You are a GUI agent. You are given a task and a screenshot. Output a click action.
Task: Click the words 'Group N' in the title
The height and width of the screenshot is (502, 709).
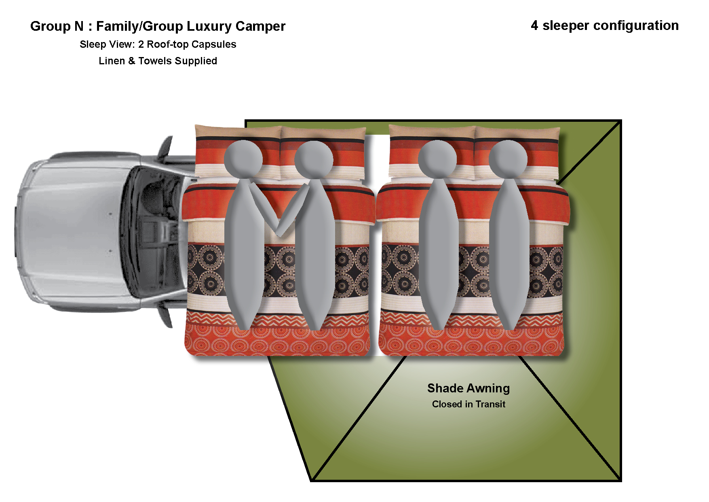(57, 26)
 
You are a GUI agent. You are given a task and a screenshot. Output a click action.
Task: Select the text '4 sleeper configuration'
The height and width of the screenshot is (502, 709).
(604, 25)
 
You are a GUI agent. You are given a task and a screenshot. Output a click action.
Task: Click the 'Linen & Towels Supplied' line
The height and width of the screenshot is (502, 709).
(158, 61)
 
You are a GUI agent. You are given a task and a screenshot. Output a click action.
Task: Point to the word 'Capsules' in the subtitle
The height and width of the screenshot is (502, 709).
(214, 44)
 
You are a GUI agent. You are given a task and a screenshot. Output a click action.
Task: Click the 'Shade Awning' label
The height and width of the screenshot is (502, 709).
(468, 388)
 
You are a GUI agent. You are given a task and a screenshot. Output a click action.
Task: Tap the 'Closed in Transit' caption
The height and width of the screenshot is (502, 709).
(468, 404)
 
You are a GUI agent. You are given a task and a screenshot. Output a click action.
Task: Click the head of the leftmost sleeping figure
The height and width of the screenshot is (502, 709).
(243, 159)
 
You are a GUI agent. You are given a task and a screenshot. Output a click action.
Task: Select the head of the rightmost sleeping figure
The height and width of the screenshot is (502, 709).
(508, 159)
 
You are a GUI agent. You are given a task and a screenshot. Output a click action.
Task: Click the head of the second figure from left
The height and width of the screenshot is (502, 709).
(314, 159)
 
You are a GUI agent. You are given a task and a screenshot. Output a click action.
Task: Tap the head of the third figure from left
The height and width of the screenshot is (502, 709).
(437, 159)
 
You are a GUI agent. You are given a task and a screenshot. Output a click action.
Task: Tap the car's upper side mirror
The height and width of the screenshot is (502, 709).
(167, 148)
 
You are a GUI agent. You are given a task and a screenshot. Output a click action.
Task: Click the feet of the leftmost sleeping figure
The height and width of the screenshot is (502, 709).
(244, 324)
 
